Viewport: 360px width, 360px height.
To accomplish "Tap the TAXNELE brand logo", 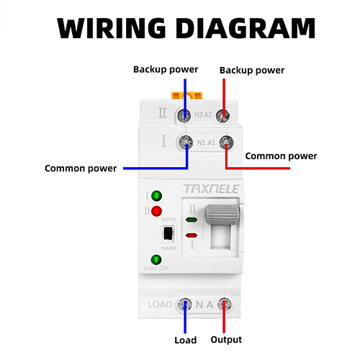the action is click(x=212, y=189).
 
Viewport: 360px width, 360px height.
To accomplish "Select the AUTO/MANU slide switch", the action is click(x=168, y=233).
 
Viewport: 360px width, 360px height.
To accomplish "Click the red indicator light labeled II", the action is click(x=156, y=211).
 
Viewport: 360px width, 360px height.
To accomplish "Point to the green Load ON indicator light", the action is click(x=156, y=259).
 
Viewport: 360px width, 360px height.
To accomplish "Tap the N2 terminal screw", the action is click(x=184, y=115).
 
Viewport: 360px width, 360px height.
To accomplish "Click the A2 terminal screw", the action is click(x=223, y=116).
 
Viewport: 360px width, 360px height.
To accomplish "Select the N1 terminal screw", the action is click(x=186, y=142).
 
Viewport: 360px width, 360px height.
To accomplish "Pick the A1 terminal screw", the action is click(x=226, y=142).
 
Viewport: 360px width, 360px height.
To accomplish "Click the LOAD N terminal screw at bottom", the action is click(x=184, y=305).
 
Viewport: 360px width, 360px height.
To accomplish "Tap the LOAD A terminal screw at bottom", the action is click(x=225, y=305).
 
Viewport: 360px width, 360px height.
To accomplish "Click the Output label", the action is click(x=226, y=340).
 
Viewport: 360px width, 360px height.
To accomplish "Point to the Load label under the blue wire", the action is click(x=186, y=340).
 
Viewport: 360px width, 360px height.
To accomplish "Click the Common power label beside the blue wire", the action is click(x=81, y=168).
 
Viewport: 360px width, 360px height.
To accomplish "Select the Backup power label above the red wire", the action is click(x=252, y=71).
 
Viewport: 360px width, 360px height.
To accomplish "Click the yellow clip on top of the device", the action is click(x=186, y=95).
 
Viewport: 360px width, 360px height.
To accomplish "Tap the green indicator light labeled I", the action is click(x=156, y=196).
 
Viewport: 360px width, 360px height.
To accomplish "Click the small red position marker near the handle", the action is click(x=192, y=235).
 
